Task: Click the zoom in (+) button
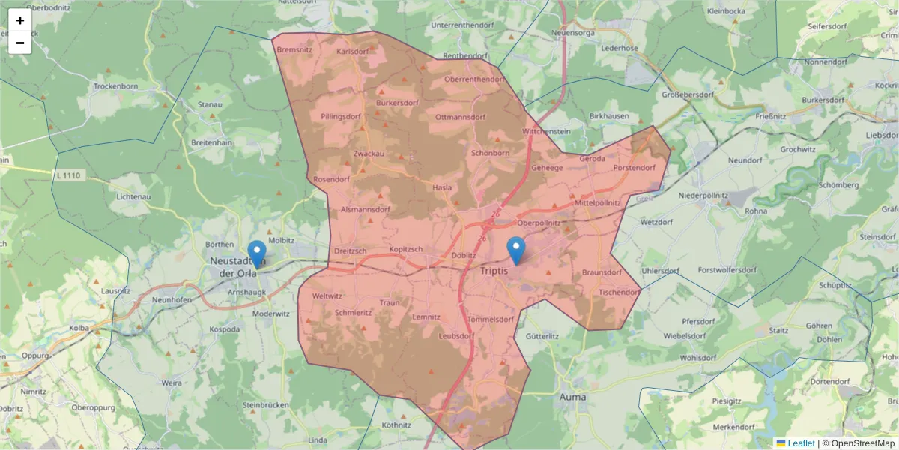click(20, 20)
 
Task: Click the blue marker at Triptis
click(516, 250)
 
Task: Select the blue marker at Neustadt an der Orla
click(257, 253)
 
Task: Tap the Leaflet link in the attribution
click(801, 443)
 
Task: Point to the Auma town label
click(573, 396)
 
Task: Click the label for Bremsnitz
click(294, 49)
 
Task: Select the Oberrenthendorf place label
click(474, 79)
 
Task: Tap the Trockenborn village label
click(115, 86)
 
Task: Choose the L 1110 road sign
click(67, 175)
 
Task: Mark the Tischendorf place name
click(620, 291)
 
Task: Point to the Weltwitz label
click(327, 297)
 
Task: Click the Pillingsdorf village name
click(341, 117)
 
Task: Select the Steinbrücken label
click(265, 405)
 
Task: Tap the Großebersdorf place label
click(688, 94)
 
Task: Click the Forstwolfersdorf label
click(727, 269)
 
